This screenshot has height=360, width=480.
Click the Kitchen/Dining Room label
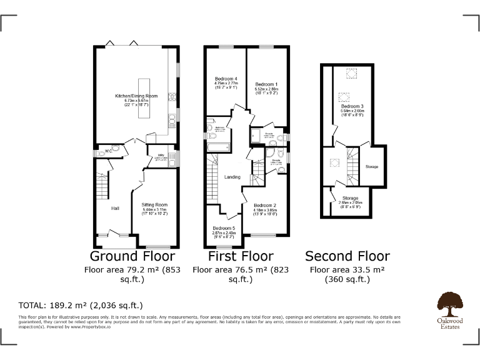[136, 96]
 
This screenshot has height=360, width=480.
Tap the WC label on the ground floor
[108, 151]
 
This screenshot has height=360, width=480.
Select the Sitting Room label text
[153, 205]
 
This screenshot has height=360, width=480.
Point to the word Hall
[115, 208]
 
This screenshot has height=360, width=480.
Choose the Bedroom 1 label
[266, 84]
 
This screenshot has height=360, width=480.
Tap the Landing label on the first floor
[232, 177]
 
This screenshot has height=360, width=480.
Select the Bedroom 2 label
[265, 205]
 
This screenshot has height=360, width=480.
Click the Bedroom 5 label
[223, 228]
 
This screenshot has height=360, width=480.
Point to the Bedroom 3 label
[352, 107]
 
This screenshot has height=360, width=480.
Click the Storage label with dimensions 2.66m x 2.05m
[350, 198]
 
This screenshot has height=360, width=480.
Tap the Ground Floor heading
[132, 256]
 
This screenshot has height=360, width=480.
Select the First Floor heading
[241, 256]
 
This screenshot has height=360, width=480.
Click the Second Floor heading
[347, 256]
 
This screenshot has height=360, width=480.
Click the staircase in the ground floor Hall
[102, 185]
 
